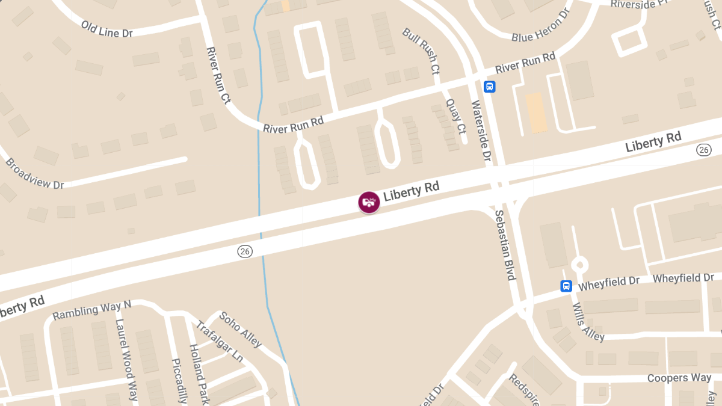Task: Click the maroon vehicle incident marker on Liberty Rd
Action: click(369, 202)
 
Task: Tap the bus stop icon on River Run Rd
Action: click(490, 87)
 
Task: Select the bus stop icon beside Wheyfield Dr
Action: click(566, 286)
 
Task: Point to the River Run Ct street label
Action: click(218, 76)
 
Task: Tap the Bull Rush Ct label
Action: click(422, 51)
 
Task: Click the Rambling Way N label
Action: click(91, 310)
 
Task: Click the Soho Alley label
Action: click(240, 329)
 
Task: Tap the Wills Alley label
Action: click(588, 322)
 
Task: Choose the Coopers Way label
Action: click(679, 378)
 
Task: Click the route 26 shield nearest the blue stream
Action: click(245, 251)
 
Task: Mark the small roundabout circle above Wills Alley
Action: click(579, 264)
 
